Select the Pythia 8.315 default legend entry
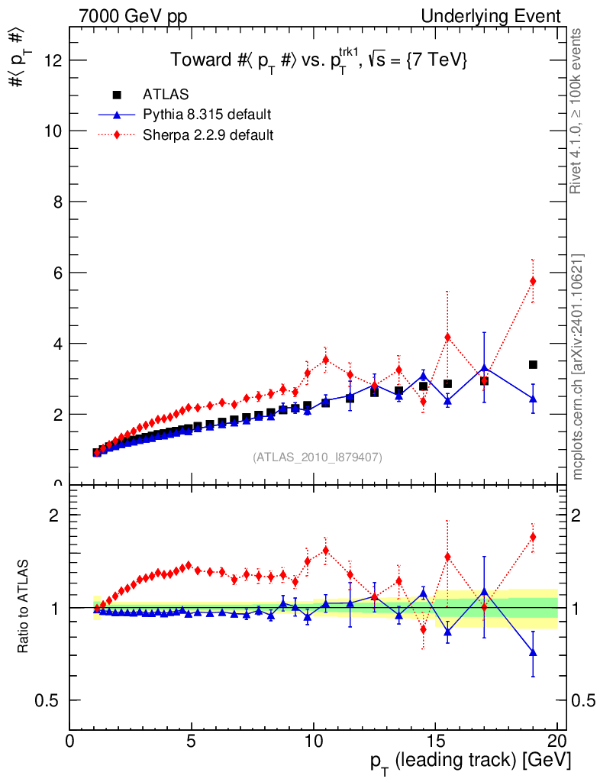[x=207, y=115]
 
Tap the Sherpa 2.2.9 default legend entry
[x=208, y=134]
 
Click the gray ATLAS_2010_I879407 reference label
[x=318, y=457]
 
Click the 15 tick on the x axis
[x=435, y=741]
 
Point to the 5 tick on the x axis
[x=192, y=741]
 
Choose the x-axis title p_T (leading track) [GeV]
[x=471, y=761]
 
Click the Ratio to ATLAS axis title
[x=24, y=607]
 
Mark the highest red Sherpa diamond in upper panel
[x=533, y=281]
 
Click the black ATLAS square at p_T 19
[x=533, y=364]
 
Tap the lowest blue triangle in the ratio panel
[x=533, y=652]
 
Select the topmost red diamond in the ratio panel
[x=533, y=536]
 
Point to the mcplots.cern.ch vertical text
[x=578, y=367]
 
